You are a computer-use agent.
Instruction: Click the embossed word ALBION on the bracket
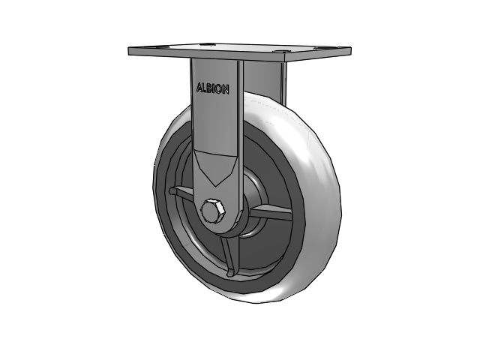click(x=213, y=88)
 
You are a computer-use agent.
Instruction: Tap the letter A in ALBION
click(x=199, y=87)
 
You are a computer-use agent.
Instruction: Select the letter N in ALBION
click(x=226, y=90)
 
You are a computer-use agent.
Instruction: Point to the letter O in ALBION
click(x=220, y=89)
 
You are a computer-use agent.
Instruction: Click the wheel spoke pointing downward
click(x=229, y=256)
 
